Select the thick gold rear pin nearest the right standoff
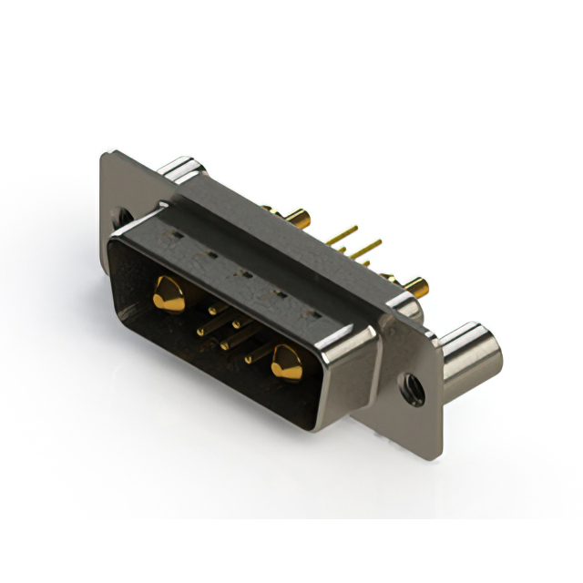point(414,287)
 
